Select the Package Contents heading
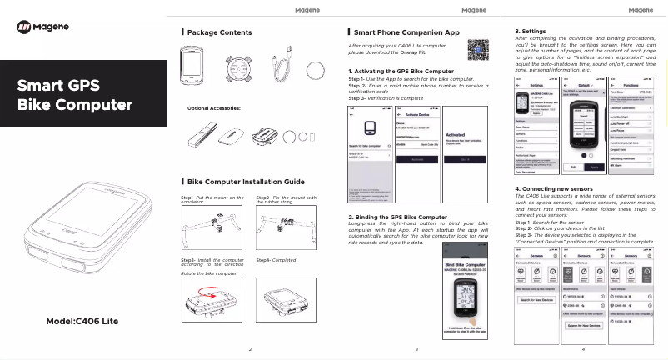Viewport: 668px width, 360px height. tap(219, 32)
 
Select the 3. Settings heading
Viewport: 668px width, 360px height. tap(531, 31)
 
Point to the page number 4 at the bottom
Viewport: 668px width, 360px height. tap(583, 348)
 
